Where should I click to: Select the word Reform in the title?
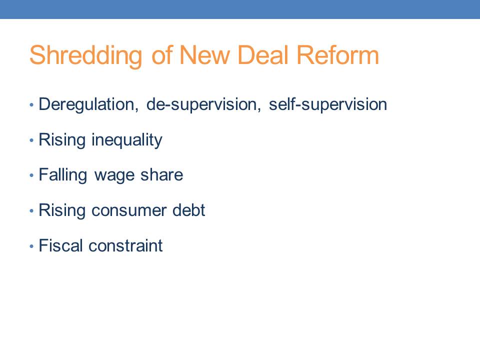pos(338,55)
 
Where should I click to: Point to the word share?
pos(161,175)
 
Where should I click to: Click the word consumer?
pos(129,211)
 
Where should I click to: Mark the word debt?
pos(188,210)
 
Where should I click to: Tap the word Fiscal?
pos(60,245)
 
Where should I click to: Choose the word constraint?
pos(125,246)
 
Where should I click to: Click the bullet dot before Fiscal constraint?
pos(31,246)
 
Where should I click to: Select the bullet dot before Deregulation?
pos(31,105)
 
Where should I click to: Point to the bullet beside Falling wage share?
pos(31,175)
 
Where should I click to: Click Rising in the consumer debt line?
pos(62,211)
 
